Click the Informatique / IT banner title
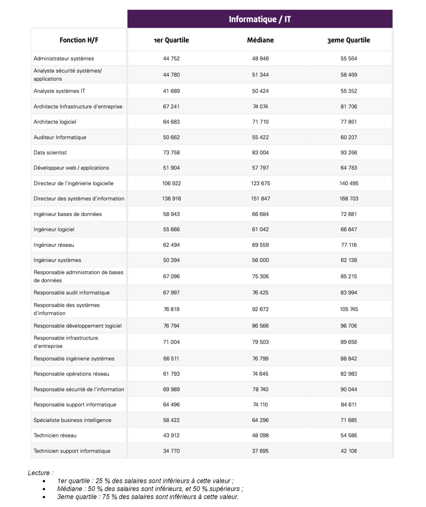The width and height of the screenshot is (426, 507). click(x=260, y=19)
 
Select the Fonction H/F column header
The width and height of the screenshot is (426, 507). click(x=79, y=40)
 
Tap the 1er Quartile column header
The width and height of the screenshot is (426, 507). click(x=171, y=40)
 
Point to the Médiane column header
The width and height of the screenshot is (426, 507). click(x=260, y=40)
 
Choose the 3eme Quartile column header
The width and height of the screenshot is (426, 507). click(x=348, y=40)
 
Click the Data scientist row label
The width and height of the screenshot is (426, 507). click(x=50, y=153)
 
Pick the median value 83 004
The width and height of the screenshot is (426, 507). click(x=260, y=153)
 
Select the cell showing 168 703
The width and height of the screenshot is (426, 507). click(x=349, y=199)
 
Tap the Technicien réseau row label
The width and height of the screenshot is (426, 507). click(x=55, y=435)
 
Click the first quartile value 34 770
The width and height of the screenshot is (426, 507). click(x=171, y=451)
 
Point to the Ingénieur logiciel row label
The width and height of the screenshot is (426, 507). click(x=54, y=229)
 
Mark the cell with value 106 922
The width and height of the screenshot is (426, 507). click(x=171, y=183)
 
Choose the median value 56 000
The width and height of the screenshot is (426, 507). click(x=260, y=260)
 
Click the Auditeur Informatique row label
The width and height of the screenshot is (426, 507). click(x=60, y=137)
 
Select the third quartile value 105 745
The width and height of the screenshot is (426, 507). click(x=349, y=309)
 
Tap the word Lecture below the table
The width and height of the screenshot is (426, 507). click(x=39, y=473)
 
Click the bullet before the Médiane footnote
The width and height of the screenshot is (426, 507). click(x=44, y=489)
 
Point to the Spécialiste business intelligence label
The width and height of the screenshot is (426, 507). click(x=72, y=420)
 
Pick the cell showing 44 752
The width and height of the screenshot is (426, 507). click(x=171, y=59)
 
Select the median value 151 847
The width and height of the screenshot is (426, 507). click(x=260, y=199)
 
